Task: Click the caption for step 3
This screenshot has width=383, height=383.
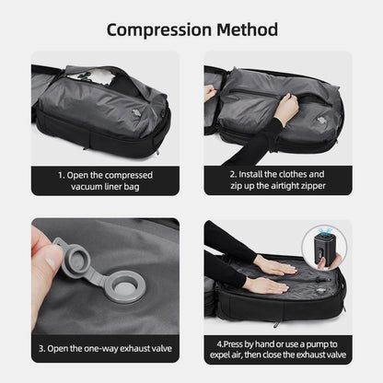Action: coord(104,349)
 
